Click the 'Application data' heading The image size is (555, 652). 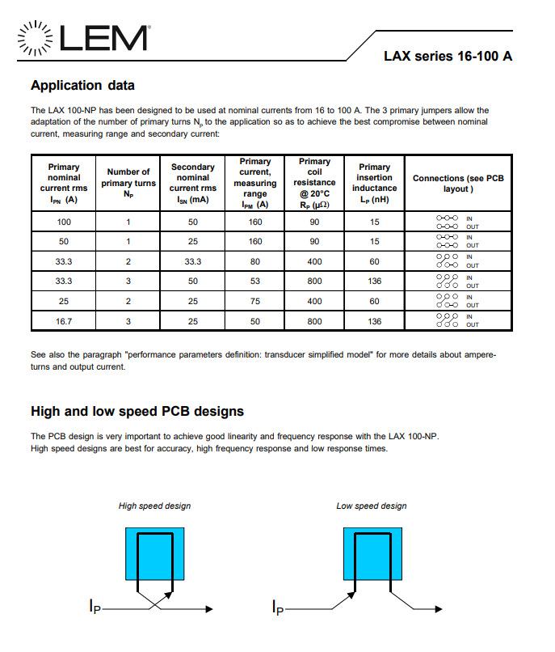click(x=82, y=85)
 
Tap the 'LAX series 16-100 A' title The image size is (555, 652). click(x=447, y=57)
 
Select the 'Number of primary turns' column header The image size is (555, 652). click(x=128, y=183)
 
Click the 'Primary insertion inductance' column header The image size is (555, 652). click(x=374, y=183)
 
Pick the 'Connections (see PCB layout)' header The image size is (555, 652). click(x=457, y=183)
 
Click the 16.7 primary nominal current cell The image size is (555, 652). click(x=64, y=320)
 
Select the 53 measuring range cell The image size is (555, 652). click(x=255, y=281)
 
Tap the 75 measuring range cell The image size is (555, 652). click(x=255, y=301)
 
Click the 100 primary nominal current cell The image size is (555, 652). click(x=64, y=222)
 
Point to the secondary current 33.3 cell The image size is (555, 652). click(x=192, y=261)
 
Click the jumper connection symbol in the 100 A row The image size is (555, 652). click(x=447, y=222)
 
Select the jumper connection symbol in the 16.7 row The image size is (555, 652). click(x=447, y=320)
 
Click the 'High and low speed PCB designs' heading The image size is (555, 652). click(x=137, y=411)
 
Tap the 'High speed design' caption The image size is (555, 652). click(x=154, y=506)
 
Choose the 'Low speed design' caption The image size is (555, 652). click(x=372, y=506)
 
